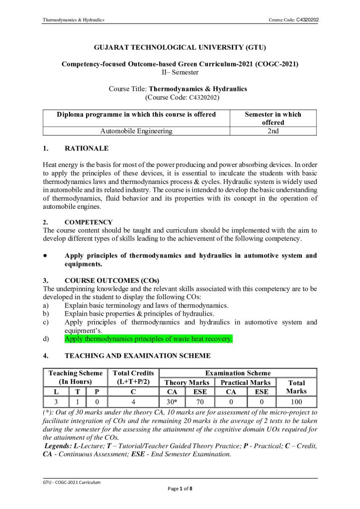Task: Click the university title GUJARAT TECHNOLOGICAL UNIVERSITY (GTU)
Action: click(180, 48)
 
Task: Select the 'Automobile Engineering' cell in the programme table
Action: click(136, 131)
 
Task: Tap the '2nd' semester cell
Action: click(272, 131)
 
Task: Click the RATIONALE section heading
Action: click(87, 148)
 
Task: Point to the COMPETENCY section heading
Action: click(89, 222)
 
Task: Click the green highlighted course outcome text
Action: click(148, 339)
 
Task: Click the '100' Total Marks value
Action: click(296, 402)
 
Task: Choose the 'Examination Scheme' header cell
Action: click(238, 373)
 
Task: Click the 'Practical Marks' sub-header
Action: click(245, 382)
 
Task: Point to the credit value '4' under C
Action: click(134, 402)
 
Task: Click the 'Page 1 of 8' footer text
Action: click(180, 489)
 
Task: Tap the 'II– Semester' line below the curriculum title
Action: click(180, 72)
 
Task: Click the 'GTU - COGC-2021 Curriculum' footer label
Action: click(71, 482)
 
